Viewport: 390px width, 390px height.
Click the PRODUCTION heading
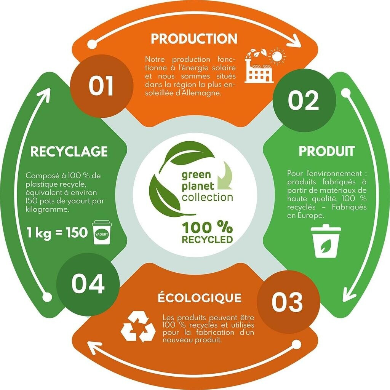click(194, 38)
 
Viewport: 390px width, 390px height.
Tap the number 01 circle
click(102, 86)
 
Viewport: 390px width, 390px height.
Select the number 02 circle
click(304, 101)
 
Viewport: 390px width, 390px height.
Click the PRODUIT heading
click(326, 151)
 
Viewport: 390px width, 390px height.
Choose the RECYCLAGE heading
click(69, 152)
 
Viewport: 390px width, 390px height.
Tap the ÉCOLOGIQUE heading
click(200, 297)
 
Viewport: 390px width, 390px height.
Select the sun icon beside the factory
click(277, 57)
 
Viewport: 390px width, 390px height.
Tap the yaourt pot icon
click(102, 232)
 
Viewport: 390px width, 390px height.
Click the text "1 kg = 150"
click(57, 232)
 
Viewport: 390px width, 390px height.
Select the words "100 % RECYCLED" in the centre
click(207, 233)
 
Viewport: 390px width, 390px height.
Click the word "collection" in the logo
click(208, 197)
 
